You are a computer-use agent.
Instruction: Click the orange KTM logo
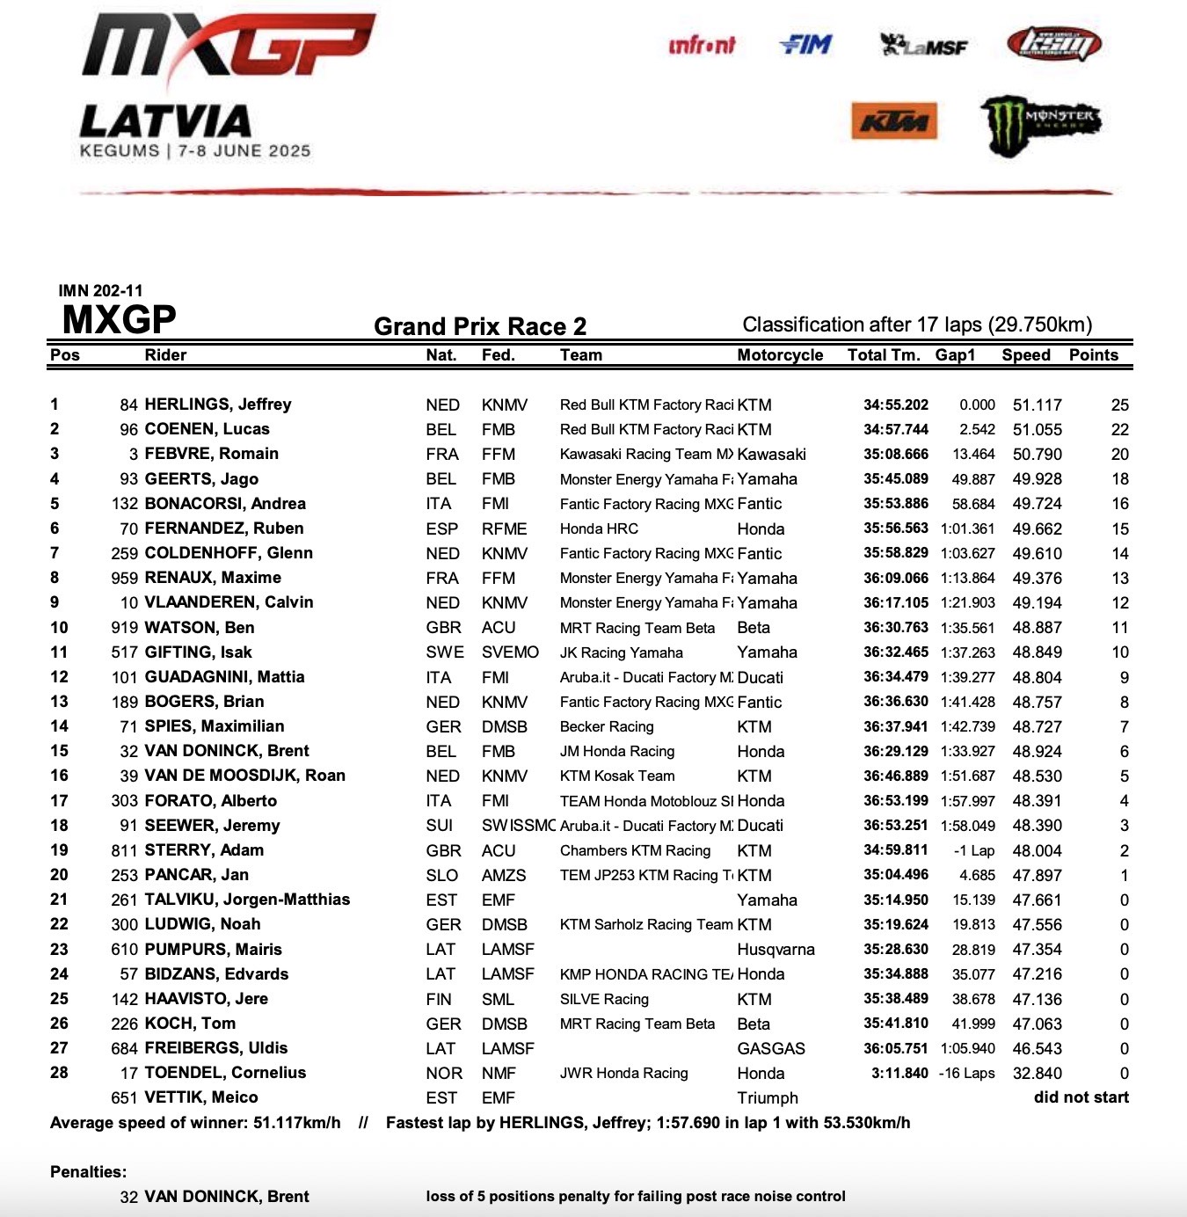click(x=893, y=121)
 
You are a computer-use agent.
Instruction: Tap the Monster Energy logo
click(x=1040, y=123)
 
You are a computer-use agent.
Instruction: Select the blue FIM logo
click(x=805, y=44)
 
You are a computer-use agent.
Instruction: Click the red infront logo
click(x=702, y=45)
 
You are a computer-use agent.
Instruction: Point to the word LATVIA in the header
click(x=165, y=121)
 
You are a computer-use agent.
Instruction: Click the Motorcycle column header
click(x=780, y=355)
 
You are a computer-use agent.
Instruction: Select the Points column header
click(x=1094, y=355)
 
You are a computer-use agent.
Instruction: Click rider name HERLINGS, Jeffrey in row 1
click(x=218, y=404)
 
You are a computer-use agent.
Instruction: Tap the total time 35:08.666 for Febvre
click(x=895, y=455)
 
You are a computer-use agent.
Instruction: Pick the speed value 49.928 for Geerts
click(x=1037, y=479)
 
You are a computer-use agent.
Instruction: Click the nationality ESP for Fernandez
click(x=442, y=528)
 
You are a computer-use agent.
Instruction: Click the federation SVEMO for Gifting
click(x=510, y=652)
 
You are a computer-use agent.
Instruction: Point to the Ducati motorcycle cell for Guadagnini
click(x=761, y=677)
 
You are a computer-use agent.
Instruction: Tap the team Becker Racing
click(x=607, y=727)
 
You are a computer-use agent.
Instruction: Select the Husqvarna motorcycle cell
click(x=776, y=950)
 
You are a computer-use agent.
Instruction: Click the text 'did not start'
click(x=1081, y=1097)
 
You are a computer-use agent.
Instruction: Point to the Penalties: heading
click(x=89, y=1172)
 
